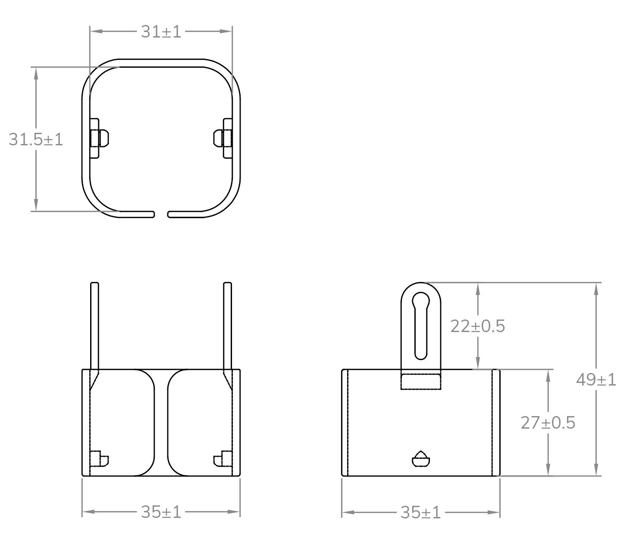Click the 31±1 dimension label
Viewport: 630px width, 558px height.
161,32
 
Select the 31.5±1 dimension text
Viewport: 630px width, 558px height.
36,139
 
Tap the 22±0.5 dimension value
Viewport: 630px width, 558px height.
477,326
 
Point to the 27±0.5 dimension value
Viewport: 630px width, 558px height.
548,423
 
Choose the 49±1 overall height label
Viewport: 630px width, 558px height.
596,380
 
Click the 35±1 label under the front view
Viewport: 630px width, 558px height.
161,512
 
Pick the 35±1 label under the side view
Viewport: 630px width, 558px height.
420,513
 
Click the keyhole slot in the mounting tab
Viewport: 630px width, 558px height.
421,326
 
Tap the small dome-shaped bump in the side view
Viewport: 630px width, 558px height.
421,459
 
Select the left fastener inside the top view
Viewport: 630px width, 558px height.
99,138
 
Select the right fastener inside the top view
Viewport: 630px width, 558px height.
223,138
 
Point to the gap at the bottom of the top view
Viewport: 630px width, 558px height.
161,214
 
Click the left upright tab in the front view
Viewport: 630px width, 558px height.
94,326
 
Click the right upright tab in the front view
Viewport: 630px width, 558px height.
228,326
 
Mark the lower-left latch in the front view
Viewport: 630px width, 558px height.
100,460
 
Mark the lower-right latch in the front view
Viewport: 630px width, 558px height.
223,460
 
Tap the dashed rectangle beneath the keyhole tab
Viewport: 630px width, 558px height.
421,382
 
